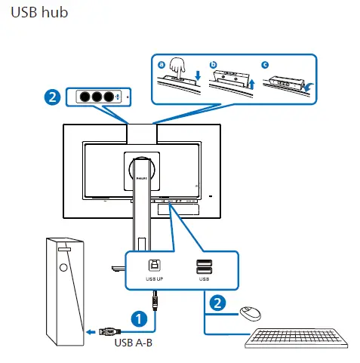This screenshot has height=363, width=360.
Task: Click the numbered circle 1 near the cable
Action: pos(139,318)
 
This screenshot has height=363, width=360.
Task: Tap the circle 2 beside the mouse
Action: pos(217,303)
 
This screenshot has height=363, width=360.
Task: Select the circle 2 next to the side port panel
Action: pos(51,97)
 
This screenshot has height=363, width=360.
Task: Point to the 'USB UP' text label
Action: pos(154,278)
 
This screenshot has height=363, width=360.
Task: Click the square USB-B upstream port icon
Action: pos(154,265)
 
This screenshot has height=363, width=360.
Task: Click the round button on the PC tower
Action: pos(64,266)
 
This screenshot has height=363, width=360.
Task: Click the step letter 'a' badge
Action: pos(161,66)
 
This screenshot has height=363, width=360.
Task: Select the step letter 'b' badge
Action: pos(213,66)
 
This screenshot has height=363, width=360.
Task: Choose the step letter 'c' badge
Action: pos(265,66)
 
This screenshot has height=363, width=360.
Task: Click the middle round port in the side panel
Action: pos(97,97)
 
